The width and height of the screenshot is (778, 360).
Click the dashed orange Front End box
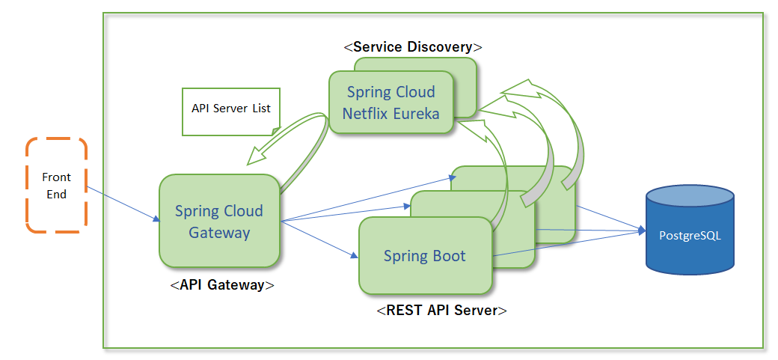[x=57, y=184]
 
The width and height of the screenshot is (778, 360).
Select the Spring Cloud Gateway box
[x=219, y=221]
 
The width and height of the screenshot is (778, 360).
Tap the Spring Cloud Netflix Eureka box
[x=390, y=103]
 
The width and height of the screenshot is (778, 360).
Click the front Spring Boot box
[x=425, y=256]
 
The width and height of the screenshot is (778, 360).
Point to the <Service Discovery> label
[x=413, y=46]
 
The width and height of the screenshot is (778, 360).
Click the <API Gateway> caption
[x=222, y=285]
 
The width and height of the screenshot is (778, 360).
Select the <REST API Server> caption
[x=442, y=310]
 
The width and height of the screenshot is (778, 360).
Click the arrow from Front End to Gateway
[x=120, y=205]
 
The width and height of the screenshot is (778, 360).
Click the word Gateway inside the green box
[x=219, y=232]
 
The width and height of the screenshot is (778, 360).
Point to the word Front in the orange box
[x=57, y=177]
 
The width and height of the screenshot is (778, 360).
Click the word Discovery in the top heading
[x=441, y=46]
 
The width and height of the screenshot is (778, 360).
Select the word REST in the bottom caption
[x=402, y=310]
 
